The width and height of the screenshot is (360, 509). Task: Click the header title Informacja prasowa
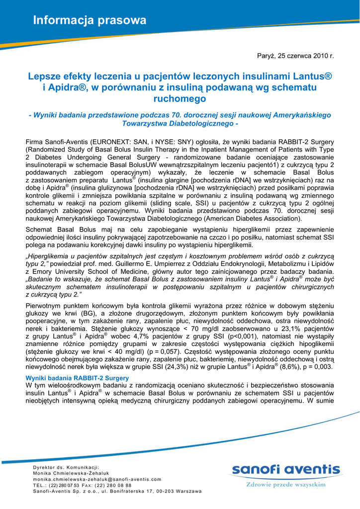[x=90, y=20]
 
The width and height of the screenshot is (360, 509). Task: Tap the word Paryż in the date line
[x=266, y=56]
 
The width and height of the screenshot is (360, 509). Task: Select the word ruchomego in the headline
[x=180, y=98]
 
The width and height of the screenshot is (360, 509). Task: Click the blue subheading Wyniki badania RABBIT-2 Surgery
[x=77, y=378]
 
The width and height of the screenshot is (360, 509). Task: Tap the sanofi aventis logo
[x=285, y=470]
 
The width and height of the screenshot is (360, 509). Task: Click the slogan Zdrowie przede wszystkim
[x=285, y=484]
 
